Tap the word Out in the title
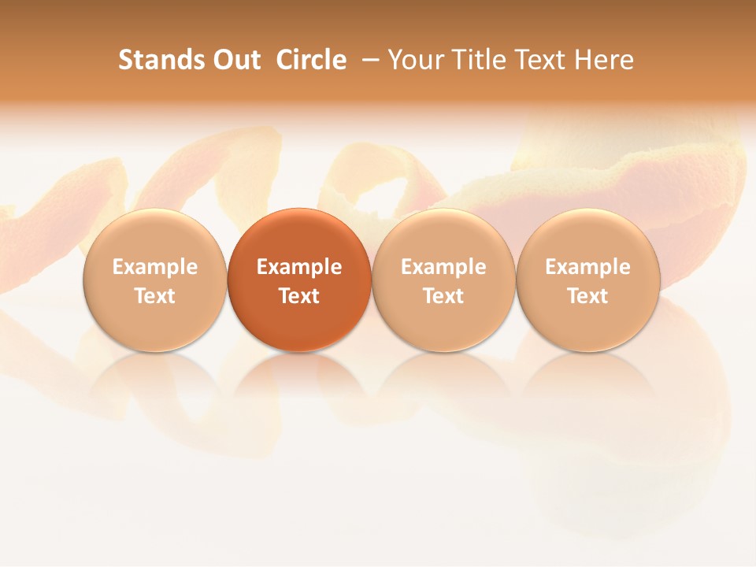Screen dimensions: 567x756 [x=235, y=60]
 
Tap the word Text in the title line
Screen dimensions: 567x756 [x=542, y=60]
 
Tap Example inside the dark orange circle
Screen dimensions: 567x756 [x=299, y=267]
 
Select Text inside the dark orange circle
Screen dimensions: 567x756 [x=299, y=296]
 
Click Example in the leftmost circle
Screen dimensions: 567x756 [x=155, y=267]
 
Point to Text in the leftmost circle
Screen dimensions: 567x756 [x=155, y=296]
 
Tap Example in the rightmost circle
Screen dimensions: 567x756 [x=588, y=267]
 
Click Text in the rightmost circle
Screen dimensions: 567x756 [x=588, y=296]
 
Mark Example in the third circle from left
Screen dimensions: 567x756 [x=443, y=267]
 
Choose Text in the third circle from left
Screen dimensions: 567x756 [x=443, y=296]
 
